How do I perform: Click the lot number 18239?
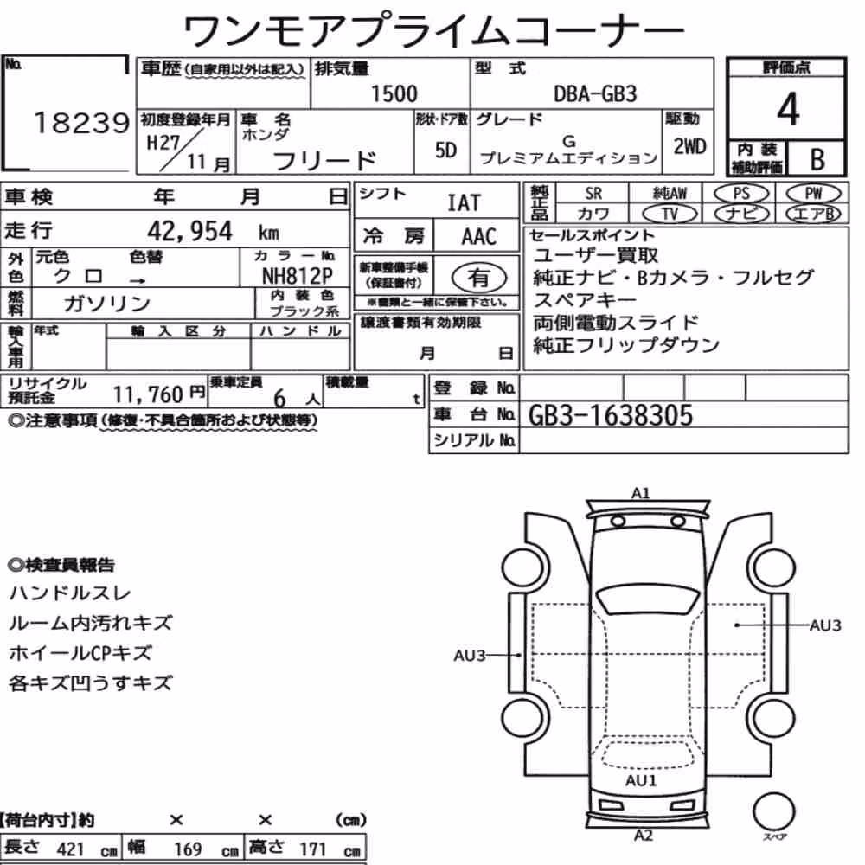(81, 123)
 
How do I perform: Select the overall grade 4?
(788, 109)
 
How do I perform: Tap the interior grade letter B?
(817, 159)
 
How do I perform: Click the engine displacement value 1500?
(394, 93)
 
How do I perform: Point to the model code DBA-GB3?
(595, 93)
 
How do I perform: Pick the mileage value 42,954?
(189, 231)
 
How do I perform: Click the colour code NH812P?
(298, 275)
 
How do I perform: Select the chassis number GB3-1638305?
(610, 415)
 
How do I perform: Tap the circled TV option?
(670, 214)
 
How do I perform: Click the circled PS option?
(741, 194)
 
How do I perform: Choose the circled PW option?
(813, 194)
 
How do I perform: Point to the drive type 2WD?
(689, 147)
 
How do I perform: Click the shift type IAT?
(464, 203)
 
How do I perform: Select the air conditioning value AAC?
(479, 237)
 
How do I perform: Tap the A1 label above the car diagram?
(641, 493)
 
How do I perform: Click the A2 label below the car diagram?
(644, 836)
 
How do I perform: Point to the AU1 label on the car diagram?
(641, 780)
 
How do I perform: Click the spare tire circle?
(773, 812)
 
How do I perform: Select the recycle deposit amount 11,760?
(148, 394)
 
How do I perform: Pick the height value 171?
(313, 849)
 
